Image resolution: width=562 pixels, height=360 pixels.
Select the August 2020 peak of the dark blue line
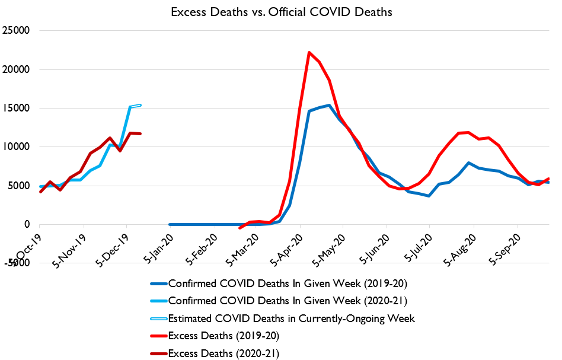[469, 163]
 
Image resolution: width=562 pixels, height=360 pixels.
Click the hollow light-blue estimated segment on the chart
[135, 106]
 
